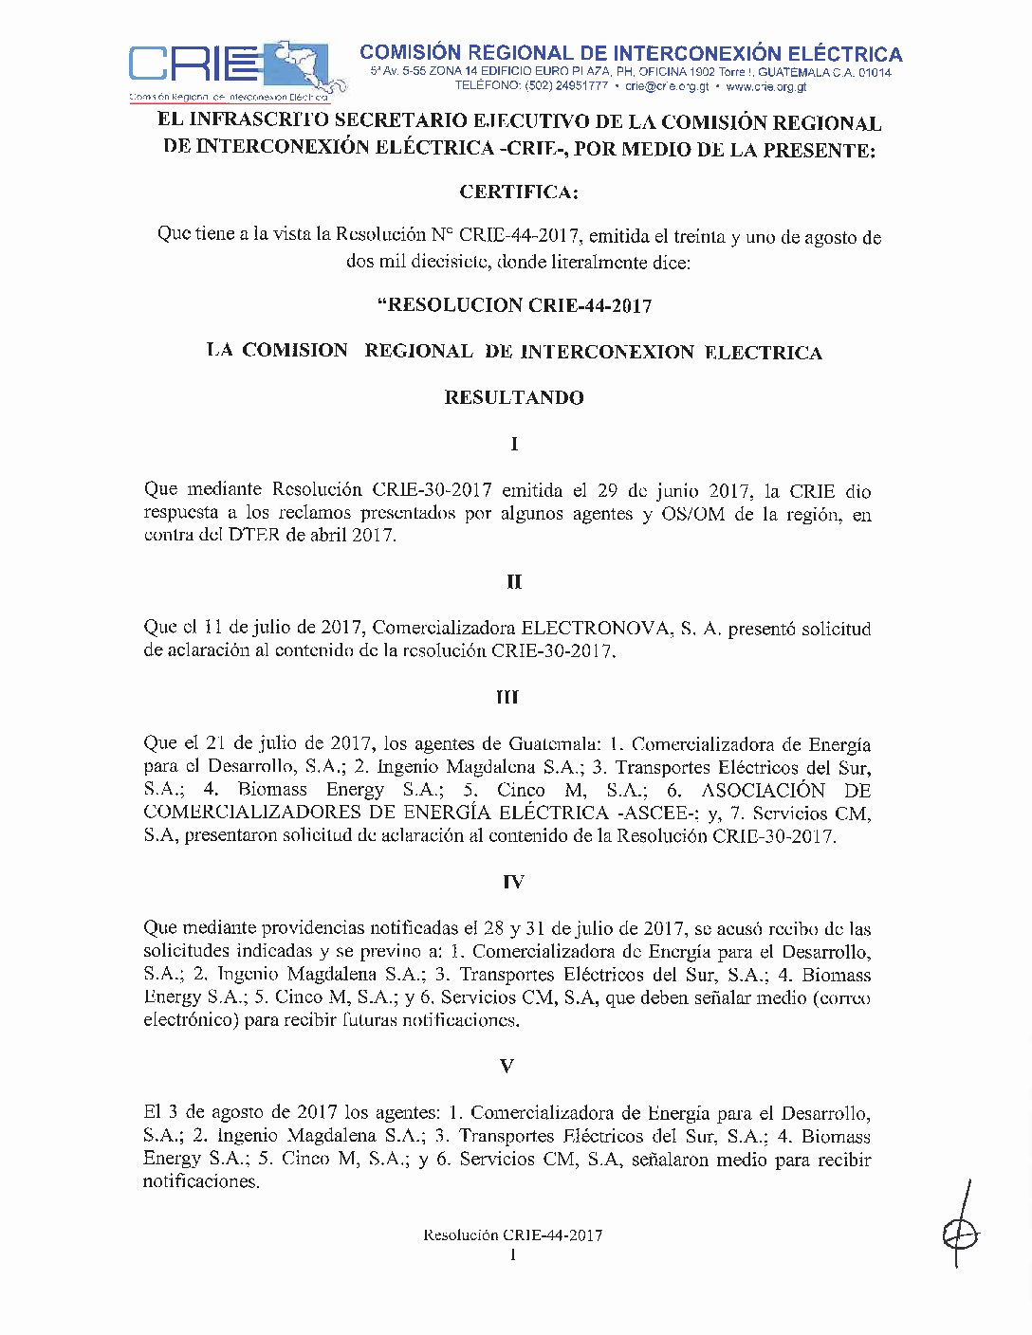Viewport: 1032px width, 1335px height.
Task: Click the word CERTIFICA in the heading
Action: click(518, 192)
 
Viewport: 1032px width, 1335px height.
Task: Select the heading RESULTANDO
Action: click(514, 397)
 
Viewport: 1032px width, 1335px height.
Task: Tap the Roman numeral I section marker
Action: click(514, 444)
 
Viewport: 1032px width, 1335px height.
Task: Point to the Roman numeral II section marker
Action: click(513, 582)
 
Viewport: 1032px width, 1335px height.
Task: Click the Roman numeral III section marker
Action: click(507, 698)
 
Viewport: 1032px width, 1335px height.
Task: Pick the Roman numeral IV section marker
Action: click(512, 883)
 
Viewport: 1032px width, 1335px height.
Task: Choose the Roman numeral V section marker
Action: click(507, 1067)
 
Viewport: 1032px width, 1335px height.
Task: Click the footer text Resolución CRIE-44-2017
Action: click(513, 1234)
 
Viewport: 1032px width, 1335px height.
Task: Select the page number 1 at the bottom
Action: click(513, 1255)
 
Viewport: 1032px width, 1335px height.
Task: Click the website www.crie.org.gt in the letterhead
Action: click(765, 86)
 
